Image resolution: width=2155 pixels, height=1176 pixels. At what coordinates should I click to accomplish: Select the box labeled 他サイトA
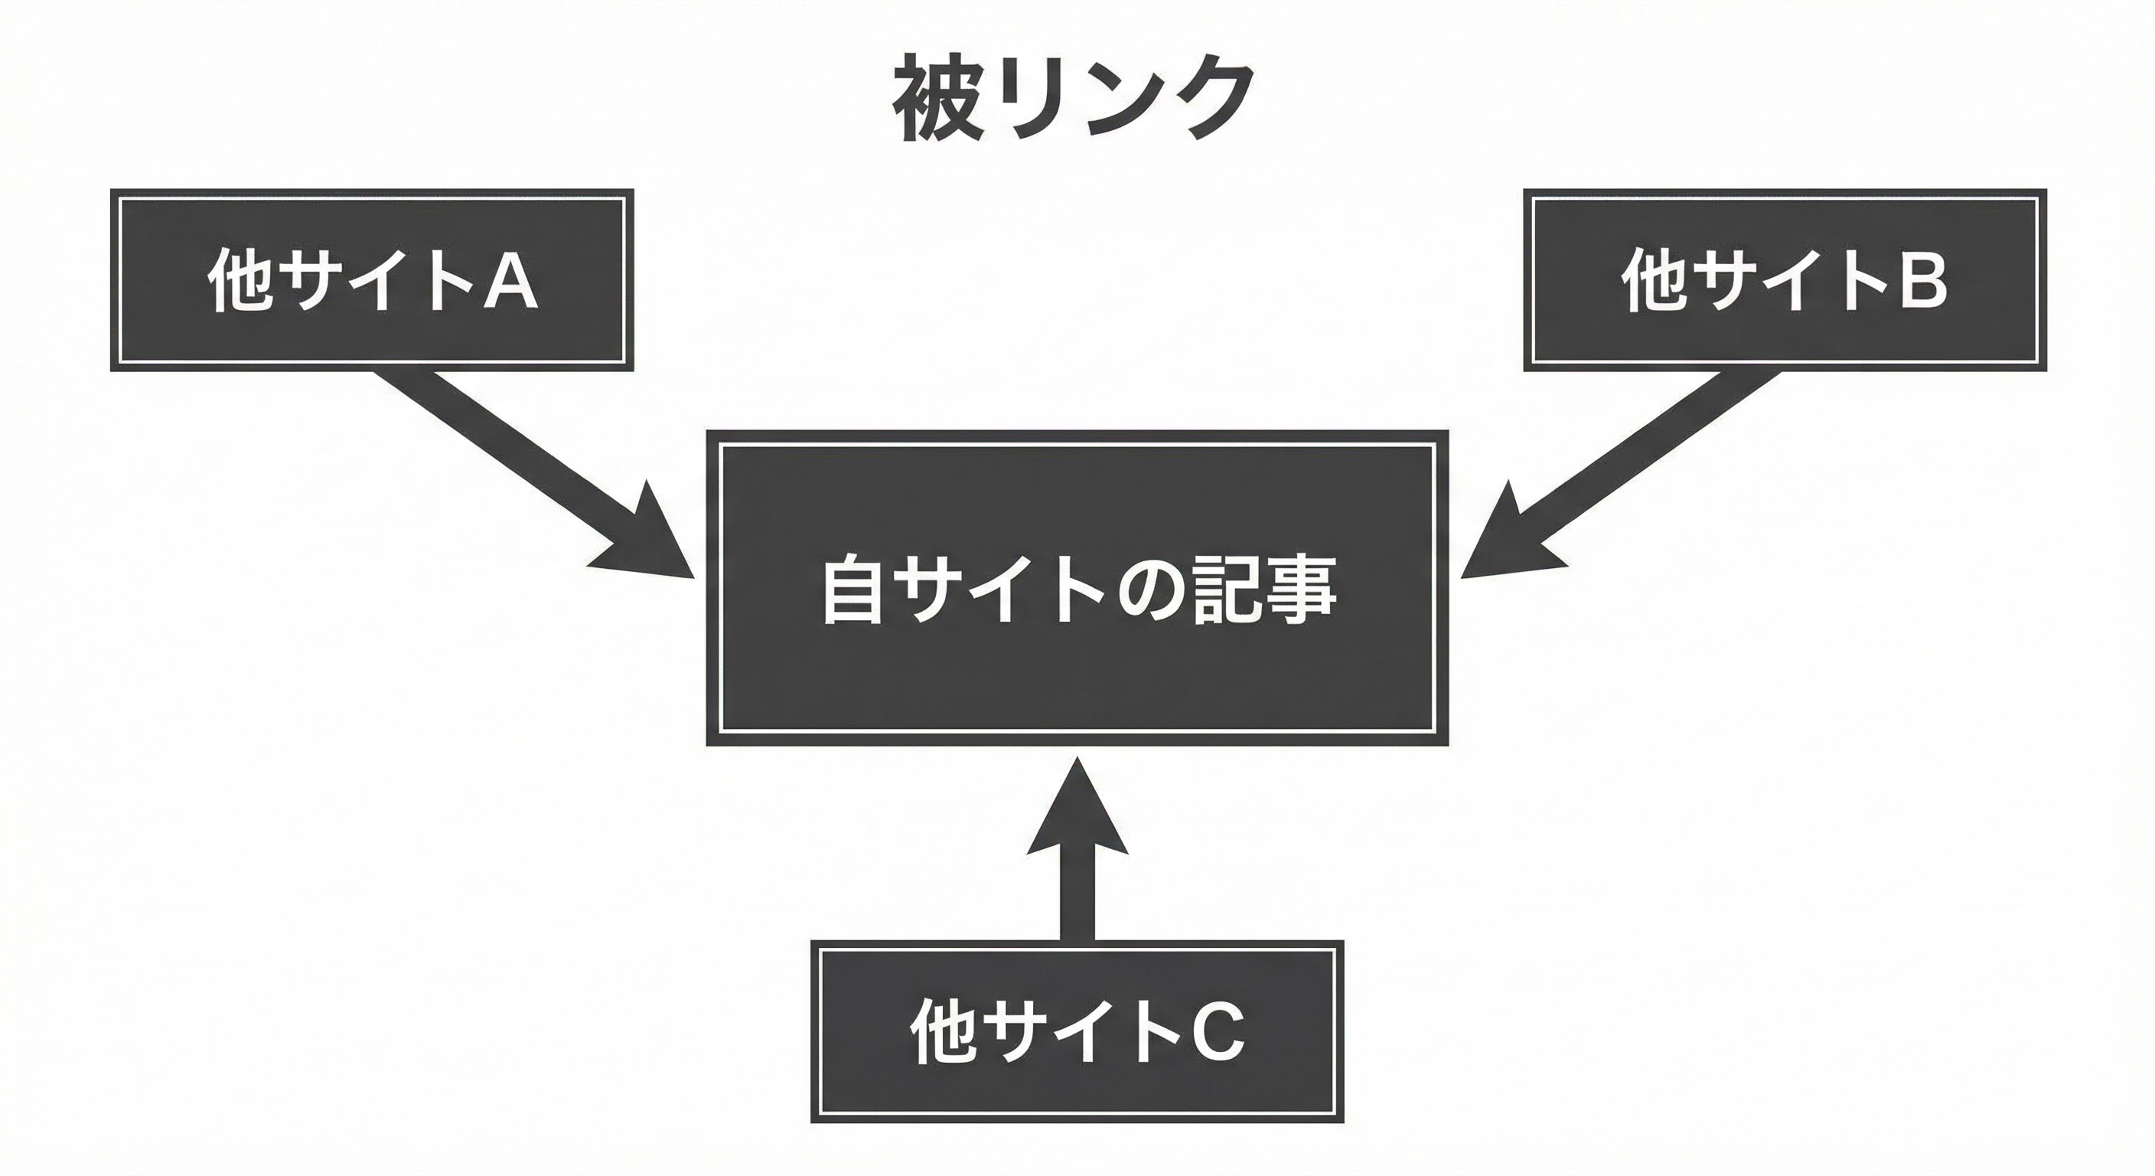pyautogui.click(x=371, y=279)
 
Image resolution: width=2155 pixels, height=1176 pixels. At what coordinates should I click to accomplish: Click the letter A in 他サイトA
pyautogui.click(x=511, y=280)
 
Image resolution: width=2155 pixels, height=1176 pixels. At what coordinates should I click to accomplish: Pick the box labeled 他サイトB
pyautogui.click(x=1785, y=279)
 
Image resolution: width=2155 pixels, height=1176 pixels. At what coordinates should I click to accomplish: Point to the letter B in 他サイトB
pyautogui.click(x=1922, y=280)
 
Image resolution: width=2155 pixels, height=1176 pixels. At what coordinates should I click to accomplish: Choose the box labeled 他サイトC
pyautogui.click(x=1077, y=1031)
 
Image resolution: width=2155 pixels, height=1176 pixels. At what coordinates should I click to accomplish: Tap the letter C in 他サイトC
pyautogui.click(x=1218, y=1031)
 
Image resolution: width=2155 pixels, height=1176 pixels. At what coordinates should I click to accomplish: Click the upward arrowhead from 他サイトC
pyautogui.click(x=1077, y=816)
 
